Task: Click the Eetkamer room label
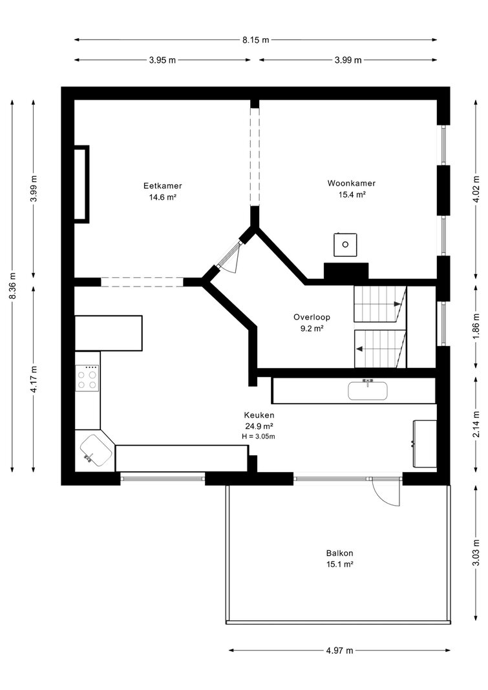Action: (163, 186)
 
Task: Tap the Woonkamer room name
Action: (351, 183)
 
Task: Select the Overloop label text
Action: (312, 317)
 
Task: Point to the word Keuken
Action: (259, 415)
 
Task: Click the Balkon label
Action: (339, 553)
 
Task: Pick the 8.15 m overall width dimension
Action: (255, 39)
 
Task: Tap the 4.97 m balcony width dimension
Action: (339, 651)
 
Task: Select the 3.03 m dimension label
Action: (476, 553)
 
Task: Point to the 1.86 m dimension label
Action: (476, 326)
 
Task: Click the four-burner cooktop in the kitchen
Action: (87, 378)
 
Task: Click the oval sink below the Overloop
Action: (368, 391)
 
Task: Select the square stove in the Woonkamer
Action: (345, 244)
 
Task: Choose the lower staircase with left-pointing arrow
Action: (380, 349)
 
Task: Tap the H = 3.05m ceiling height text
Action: (259, 437)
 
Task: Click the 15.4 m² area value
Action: (352, 195)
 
